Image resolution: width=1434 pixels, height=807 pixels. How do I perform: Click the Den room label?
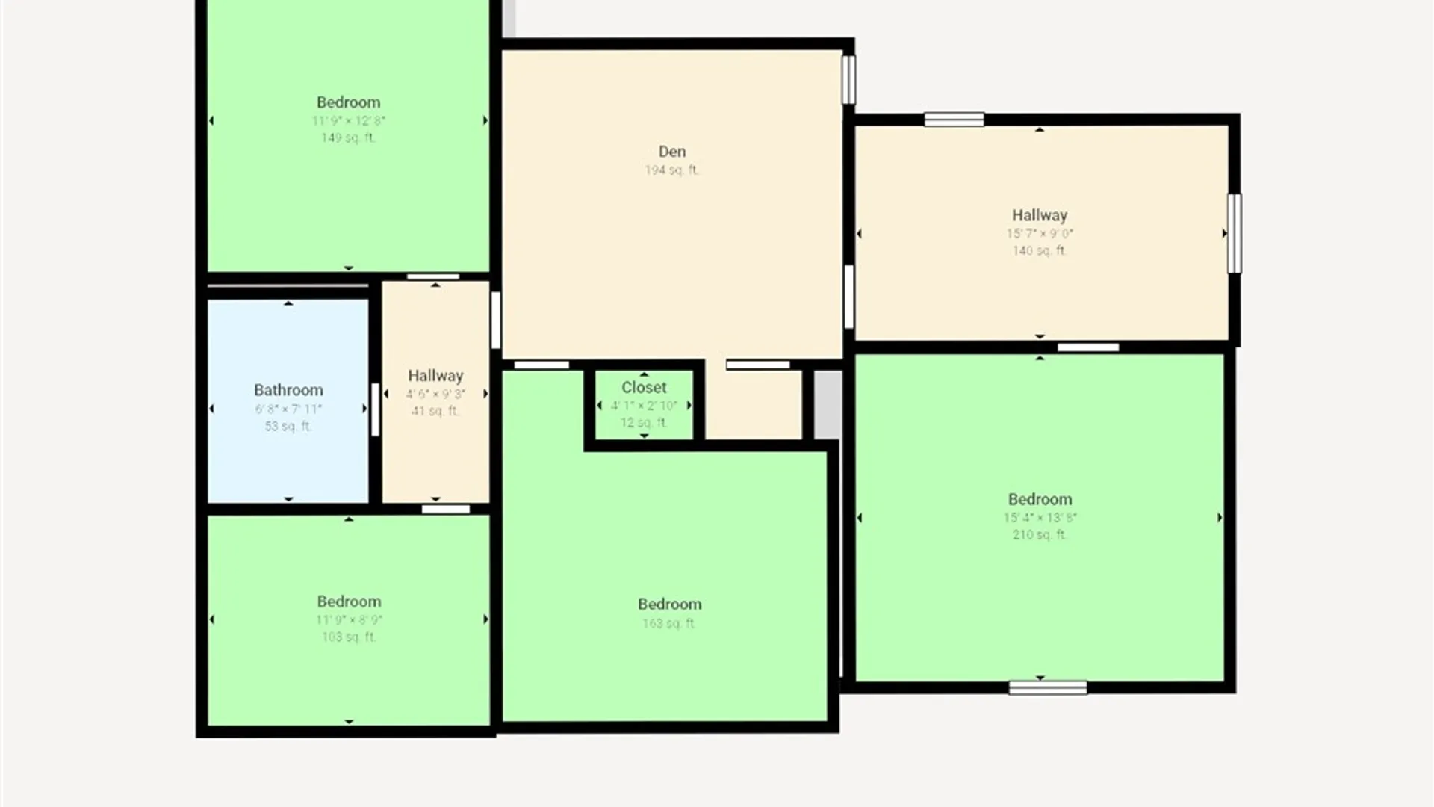point(671,152)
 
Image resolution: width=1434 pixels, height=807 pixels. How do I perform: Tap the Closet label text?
point(644,387)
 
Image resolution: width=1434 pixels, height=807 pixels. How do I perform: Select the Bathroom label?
point(288,390)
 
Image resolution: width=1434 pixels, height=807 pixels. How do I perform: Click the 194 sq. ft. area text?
point(671,170)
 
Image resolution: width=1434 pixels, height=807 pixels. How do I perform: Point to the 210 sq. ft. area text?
point(1039,535)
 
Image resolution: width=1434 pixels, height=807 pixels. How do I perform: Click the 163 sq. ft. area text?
point(669,623)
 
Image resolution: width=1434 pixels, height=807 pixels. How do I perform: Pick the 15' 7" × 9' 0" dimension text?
point(1039,233)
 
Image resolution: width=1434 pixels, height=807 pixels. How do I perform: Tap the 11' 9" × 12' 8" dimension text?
point(348,120)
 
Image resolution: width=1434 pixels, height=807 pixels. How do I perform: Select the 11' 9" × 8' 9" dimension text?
point(349,619)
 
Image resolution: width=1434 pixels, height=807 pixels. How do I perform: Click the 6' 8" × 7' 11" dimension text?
point(288,409)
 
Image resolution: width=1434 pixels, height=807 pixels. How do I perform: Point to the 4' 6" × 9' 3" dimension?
point(435,394)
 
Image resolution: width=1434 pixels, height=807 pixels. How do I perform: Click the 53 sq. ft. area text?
point(288,427)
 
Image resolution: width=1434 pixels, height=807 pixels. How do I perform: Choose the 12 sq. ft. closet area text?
point(644,423)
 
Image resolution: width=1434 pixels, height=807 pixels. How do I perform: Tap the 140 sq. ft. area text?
point(1039,251)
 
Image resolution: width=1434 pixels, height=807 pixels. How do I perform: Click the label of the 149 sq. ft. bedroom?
point(348,102)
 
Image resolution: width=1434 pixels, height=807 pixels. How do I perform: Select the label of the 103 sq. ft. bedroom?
point(349,602)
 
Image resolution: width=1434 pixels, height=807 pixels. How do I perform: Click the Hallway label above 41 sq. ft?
point(435,376)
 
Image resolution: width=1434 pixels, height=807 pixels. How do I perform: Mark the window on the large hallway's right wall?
point(1235,233)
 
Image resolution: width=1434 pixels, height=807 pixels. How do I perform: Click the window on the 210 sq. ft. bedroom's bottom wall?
point(1047,688)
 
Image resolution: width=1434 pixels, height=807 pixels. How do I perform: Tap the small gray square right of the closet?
point(828,404)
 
